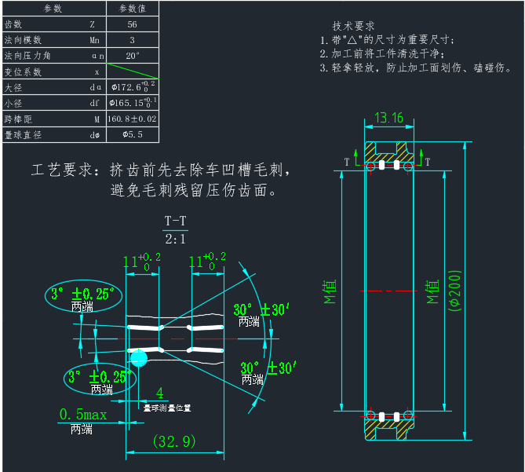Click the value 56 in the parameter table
tap(132, 24)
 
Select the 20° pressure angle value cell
tap(132, 56)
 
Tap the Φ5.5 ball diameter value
tap(132, 135)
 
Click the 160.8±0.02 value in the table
tap(132, 119)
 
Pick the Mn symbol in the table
tap(94, 40)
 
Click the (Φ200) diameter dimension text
tap(454, 291)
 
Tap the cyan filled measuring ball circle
tap(138, 359)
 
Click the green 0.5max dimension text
tap(83, 414)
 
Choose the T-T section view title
tap(175, 221)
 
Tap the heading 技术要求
tap(354, 25)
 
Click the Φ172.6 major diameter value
tap(132, 87)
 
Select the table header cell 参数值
tap(132, 9)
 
